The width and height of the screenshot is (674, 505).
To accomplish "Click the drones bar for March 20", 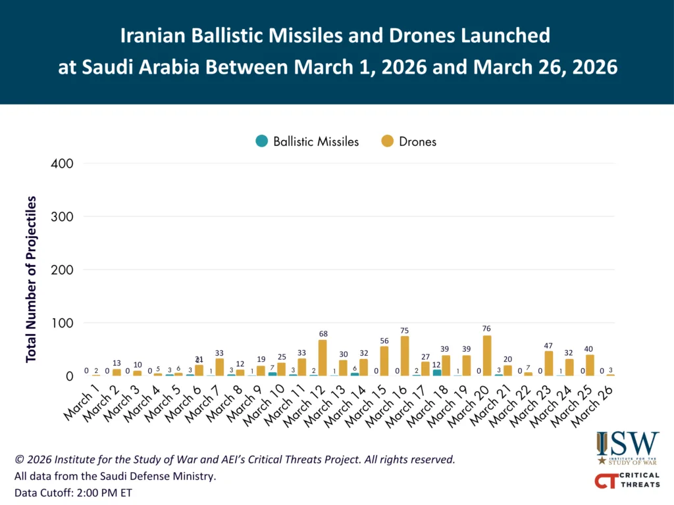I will click(487, 356).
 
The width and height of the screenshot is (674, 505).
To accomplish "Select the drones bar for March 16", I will click(405, 356).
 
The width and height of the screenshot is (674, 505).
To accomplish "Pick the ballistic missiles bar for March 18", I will click(437, 373).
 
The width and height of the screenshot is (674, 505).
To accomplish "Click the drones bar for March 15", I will click(384, 361).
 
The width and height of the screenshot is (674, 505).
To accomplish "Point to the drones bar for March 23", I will click(548, 364).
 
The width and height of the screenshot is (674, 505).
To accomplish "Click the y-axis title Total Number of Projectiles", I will click(31, 279).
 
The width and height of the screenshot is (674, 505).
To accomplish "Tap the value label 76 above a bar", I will click(487, 329).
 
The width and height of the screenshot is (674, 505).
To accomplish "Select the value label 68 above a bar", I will click(323, 333).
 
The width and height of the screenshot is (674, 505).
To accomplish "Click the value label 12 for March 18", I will click(437, 364).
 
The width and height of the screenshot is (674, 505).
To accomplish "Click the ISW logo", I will click(627, 448).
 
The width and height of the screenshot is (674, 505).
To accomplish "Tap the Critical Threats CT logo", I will click(627, 481).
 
